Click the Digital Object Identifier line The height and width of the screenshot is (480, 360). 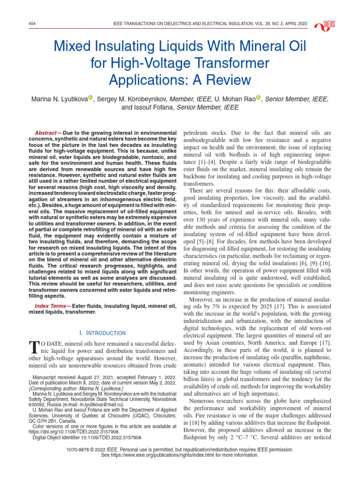click(87, 438)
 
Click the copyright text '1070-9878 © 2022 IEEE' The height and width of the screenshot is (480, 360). click(100, 449)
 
